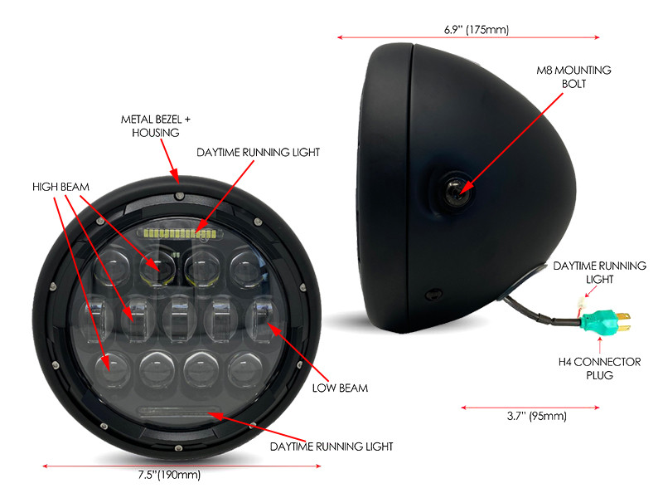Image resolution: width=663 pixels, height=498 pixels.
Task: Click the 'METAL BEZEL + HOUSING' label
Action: click(x=156, y=126)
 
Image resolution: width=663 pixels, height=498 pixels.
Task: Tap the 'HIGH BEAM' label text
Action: click(x=60, y=187)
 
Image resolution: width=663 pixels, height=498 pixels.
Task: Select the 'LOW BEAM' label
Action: click(x=340, y=388)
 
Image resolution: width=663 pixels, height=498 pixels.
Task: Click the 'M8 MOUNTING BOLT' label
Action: click(x=573, y=76)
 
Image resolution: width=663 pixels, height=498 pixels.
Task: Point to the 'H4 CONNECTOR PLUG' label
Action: click(x=599, y=368)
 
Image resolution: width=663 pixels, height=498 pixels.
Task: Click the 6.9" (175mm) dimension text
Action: click(x=477, y=29)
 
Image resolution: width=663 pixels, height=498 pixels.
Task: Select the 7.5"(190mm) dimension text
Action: click(x=169, y=474)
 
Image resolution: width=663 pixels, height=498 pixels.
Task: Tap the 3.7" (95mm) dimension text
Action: click(x=536, y=416)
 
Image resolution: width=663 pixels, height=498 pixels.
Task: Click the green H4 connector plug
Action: click(x=604, y=322)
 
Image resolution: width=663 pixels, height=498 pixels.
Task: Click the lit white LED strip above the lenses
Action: click(x=180, y=232)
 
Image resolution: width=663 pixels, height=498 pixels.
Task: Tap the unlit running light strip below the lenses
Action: click(x=179, y=411)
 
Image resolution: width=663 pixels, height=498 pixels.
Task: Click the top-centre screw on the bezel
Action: click(x=179, y=196)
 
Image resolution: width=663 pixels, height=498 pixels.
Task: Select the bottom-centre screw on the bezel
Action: click(x=178, y=447)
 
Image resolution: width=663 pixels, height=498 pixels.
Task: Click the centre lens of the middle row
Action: click(x=179, y=318)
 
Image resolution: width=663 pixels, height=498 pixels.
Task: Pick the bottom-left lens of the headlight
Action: click(x=113, y=369)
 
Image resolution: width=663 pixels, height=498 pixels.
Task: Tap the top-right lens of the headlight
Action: click(x=246, y=267)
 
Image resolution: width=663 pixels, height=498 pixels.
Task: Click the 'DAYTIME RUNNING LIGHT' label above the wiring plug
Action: click(x=599, y=272)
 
